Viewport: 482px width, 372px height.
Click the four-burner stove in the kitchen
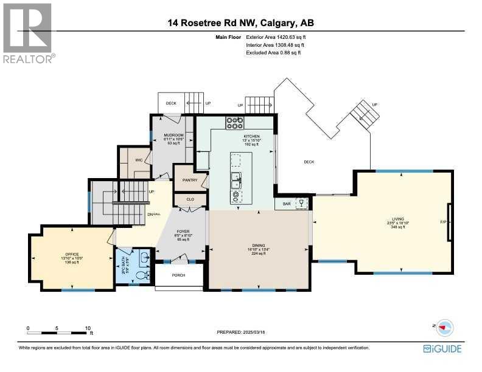pos(235,123)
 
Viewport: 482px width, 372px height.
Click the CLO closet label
pos(190,199)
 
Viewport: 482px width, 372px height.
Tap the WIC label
pos(138,160)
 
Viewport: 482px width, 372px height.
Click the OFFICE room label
pos(72,254)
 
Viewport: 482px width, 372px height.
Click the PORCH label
pos(178,275)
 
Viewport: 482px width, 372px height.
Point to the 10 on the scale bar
pos(88,328)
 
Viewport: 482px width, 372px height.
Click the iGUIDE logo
pos(442,348)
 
